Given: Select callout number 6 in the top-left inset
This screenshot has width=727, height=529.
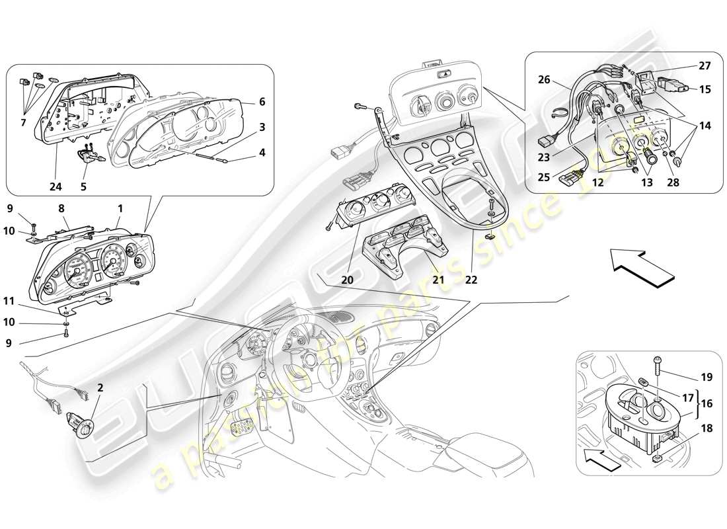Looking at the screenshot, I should [x=262, y=102].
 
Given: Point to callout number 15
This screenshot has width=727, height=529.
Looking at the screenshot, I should [x=705, y=89].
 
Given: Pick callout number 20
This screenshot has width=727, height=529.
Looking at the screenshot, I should [x=347, y=280].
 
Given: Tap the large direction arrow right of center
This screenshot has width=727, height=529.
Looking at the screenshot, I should [x=638, y=266].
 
